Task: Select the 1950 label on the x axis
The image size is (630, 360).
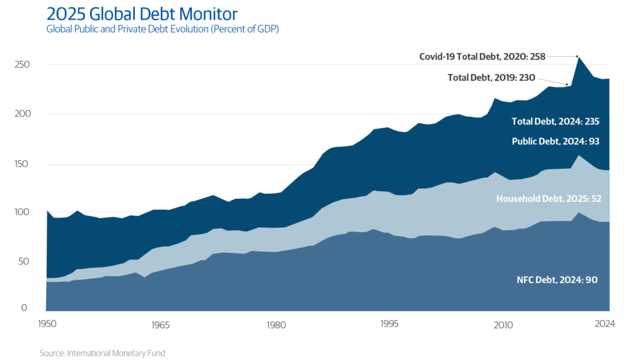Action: click(x=46, y=324)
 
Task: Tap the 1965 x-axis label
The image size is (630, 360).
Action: click(x=159, y=324)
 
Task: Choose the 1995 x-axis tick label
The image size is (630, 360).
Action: click(x=388, y=324)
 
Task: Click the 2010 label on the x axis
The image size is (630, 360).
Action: click(x=503, y=324)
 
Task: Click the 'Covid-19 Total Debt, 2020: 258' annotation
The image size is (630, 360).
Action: click(x=482, y=56)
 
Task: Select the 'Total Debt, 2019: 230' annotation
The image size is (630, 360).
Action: click(x=491, y=78)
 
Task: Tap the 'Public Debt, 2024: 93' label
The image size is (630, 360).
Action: click(x=555, y=141)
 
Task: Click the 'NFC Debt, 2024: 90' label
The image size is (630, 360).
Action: click(x=557, y=280)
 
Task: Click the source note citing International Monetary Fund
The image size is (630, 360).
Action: click(x=102, y=353)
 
